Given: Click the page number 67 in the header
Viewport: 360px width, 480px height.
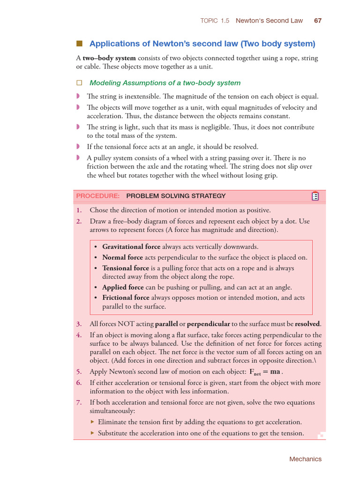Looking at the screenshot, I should tap(317, 21).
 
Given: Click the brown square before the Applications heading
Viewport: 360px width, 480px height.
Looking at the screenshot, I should tap(79, 44).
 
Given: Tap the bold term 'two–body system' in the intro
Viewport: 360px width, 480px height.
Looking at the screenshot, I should tap(109, 58).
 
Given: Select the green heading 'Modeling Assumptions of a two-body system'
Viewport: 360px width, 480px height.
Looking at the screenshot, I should tap(165, 83).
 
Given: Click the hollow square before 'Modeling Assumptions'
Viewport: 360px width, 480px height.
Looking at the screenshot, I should tap(79, 83).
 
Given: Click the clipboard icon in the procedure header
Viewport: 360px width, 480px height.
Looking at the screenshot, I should tap(315, 196).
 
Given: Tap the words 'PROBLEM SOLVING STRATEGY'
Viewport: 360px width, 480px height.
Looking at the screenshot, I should tap(176, 196).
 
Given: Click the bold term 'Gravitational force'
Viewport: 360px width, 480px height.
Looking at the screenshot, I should tap(131, 247).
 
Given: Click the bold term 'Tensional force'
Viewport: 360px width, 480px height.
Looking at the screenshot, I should tap(126, 268).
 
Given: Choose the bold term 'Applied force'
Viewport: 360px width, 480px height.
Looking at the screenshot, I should tap(123, 287).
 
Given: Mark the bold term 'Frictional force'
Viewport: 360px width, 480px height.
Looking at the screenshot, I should tap(126, 298).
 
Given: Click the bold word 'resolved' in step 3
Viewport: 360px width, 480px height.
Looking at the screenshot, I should tap(307, 324).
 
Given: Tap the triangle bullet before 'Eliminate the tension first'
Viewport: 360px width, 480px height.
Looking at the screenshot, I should tap(92, 422).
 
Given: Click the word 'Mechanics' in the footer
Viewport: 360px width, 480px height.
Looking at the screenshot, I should tap(305, 459).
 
